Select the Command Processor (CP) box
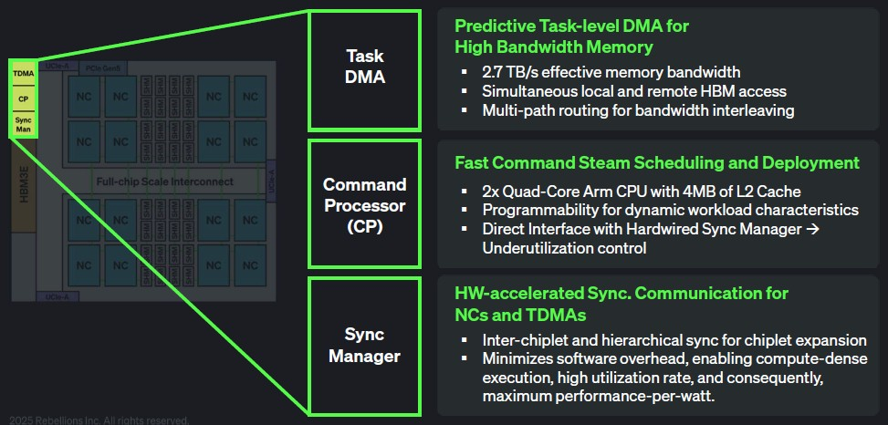point(364,205)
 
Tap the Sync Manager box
point(364,344)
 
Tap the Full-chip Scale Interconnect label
point(164,181)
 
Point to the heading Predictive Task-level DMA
point(571,26)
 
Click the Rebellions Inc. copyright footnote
point(95,420)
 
